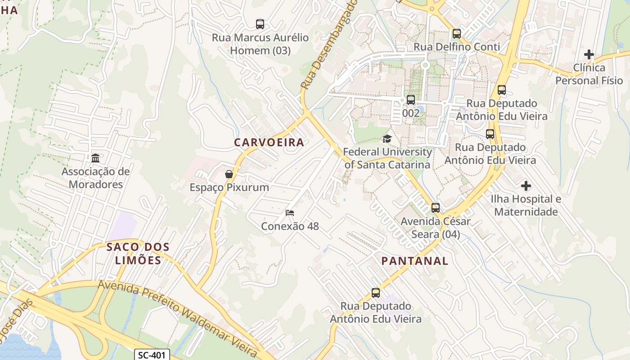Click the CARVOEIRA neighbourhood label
tap(269, 143)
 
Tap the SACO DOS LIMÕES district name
tap(138, 253)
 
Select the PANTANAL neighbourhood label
tap(414, 261)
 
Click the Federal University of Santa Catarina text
tap(387, 158)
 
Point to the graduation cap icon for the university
tap(387, 139)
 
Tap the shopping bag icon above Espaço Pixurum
tap(229, 174)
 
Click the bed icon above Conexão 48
tap(290, 213)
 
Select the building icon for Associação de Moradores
tap(95, 158)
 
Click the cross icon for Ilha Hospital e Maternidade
tap(526, 185)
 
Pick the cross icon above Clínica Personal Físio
tap(589, 54)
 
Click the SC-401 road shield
tap(152, 355)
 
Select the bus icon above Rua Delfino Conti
tap(457, 34)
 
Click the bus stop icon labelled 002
tap(411, 100)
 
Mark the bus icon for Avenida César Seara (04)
tap(435, 208)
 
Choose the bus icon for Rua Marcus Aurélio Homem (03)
tap(260, 24)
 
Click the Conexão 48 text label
tap(290, 226)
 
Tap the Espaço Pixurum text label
tap(229, 188)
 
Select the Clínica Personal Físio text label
tap(589, 74)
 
